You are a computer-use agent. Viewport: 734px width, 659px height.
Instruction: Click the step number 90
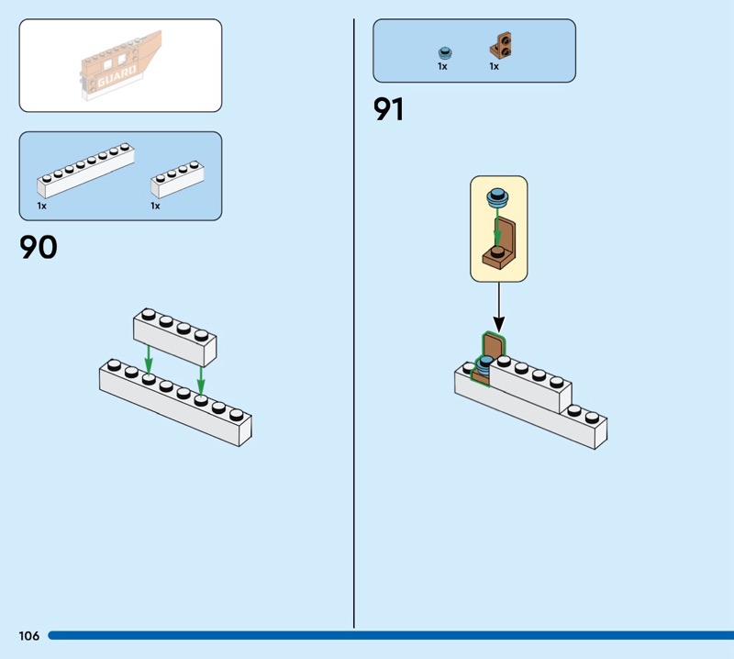[39, 247]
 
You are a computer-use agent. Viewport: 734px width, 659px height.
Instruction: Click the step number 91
[388, 109]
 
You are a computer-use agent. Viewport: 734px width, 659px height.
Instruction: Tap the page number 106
[29, 635]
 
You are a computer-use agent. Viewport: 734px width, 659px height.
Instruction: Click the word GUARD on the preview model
[117, 77]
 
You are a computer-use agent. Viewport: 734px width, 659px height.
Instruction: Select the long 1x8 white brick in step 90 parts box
[85, 171]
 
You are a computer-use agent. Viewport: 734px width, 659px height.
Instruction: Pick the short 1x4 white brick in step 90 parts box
[177, 179]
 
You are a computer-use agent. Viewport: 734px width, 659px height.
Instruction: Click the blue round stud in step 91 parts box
[445, 52]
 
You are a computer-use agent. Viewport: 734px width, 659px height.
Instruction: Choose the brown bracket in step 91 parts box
[501, 45]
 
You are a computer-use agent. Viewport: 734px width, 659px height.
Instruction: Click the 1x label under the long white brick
[41, 206]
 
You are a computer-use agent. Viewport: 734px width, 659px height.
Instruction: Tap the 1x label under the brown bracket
[494, 66]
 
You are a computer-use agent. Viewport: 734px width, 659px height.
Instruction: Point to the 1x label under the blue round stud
[442, 66]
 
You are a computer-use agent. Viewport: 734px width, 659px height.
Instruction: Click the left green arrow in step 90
[149, 359]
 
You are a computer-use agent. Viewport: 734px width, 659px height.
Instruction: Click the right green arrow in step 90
[201, 380]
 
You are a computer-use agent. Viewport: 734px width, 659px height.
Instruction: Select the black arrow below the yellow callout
[499, 307]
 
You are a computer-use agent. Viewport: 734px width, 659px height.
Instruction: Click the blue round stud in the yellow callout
[497, 198]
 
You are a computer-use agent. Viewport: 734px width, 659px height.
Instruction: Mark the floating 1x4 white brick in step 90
[174, 337]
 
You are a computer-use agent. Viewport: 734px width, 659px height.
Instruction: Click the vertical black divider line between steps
[354, 323]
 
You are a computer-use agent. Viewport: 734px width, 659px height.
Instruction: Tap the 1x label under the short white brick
[155, 206]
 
